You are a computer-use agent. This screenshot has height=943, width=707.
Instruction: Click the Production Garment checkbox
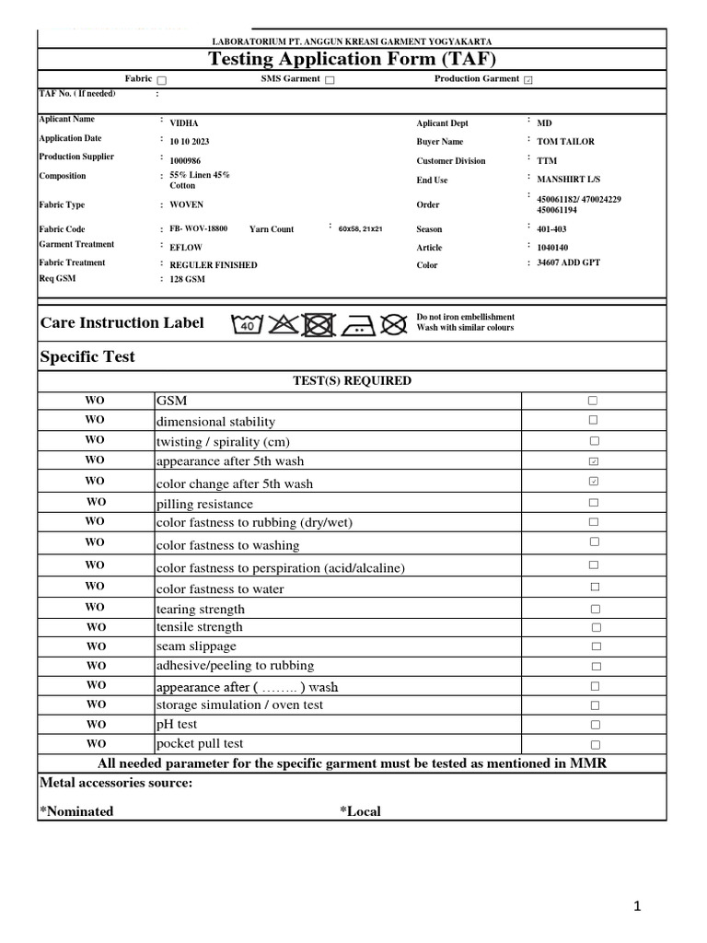point(527,80)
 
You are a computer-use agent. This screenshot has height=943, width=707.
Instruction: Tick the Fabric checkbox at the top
point(162,80)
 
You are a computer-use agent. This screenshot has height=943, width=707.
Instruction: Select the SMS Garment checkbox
point(330,80)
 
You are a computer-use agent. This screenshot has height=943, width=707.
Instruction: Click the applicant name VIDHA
point(184,123)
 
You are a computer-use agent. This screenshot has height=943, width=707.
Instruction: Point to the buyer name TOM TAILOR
point(565,142)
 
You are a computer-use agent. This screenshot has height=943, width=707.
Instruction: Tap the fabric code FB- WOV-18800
point(199,227)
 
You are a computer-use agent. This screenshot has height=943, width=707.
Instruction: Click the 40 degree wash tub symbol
point(248,324)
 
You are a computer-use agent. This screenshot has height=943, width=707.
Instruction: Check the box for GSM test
point(594,401)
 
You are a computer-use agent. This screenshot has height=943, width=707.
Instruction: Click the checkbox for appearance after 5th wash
point(594,460)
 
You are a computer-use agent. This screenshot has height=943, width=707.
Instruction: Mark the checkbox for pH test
point(596,725)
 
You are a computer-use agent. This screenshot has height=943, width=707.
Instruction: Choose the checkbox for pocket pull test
point(596,744)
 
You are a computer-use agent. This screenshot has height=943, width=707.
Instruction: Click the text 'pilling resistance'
point(204,504)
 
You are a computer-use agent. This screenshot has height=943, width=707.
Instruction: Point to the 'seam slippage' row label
point(196,646)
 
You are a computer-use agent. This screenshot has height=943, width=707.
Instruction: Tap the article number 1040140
point(552,248)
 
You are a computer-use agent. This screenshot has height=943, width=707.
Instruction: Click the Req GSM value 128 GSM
point(188,279)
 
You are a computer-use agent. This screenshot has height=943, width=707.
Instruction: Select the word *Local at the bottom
point(360,811)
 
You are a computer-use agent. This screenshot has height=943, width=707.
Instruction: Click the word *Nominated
point(76,811)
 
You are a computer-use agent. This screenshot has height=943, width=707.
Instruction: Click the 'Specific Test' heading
point(87,356)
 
